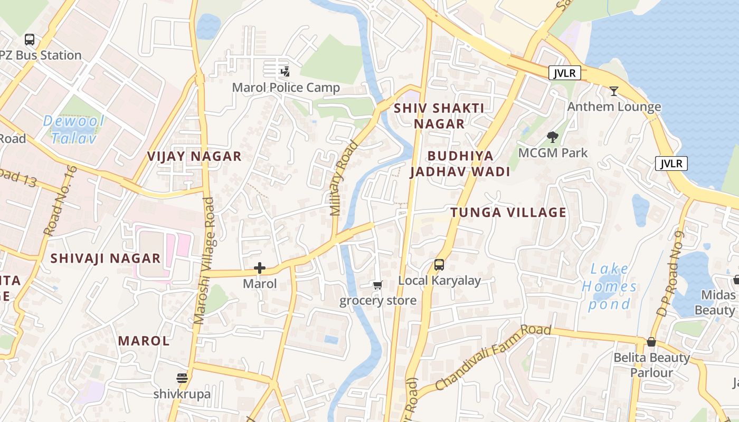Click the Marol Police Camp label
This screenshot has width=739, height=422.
[x=286, y=88]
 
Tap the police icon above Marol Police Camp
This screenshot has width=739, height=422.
[x=286, y=71]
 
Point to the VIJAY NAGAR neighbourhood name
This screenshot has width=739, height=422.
[x=194, y=156]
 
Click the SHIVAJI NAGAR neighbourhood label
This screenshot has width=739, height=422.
[x=106, y=258]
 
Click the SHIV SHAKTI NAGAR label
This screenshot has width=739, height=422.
[x=439, y=116]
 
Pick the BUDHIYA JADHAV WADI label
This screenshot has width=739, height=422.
[x=460, y=164]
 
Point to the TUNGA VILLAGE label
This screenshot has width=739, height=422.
[x=508, y=213]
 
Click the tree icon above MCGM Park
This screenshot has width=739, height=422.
[x=553, y=137]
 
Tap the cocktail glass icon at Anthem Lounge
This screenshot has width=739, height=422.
[x=614, y=91]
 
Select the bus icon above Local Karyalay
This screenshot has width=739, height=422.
[x=439, y=265]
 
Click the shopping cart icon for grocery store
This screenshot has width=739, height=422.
[x=377, y=285]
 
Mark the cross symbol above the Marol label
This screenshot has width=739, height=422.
[x=260, y=268]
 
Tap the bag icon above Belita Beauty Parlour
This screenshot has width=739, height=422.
[x=651, y=342]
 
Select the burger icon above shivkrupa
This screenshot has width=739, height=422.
[x=182, y=378]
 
